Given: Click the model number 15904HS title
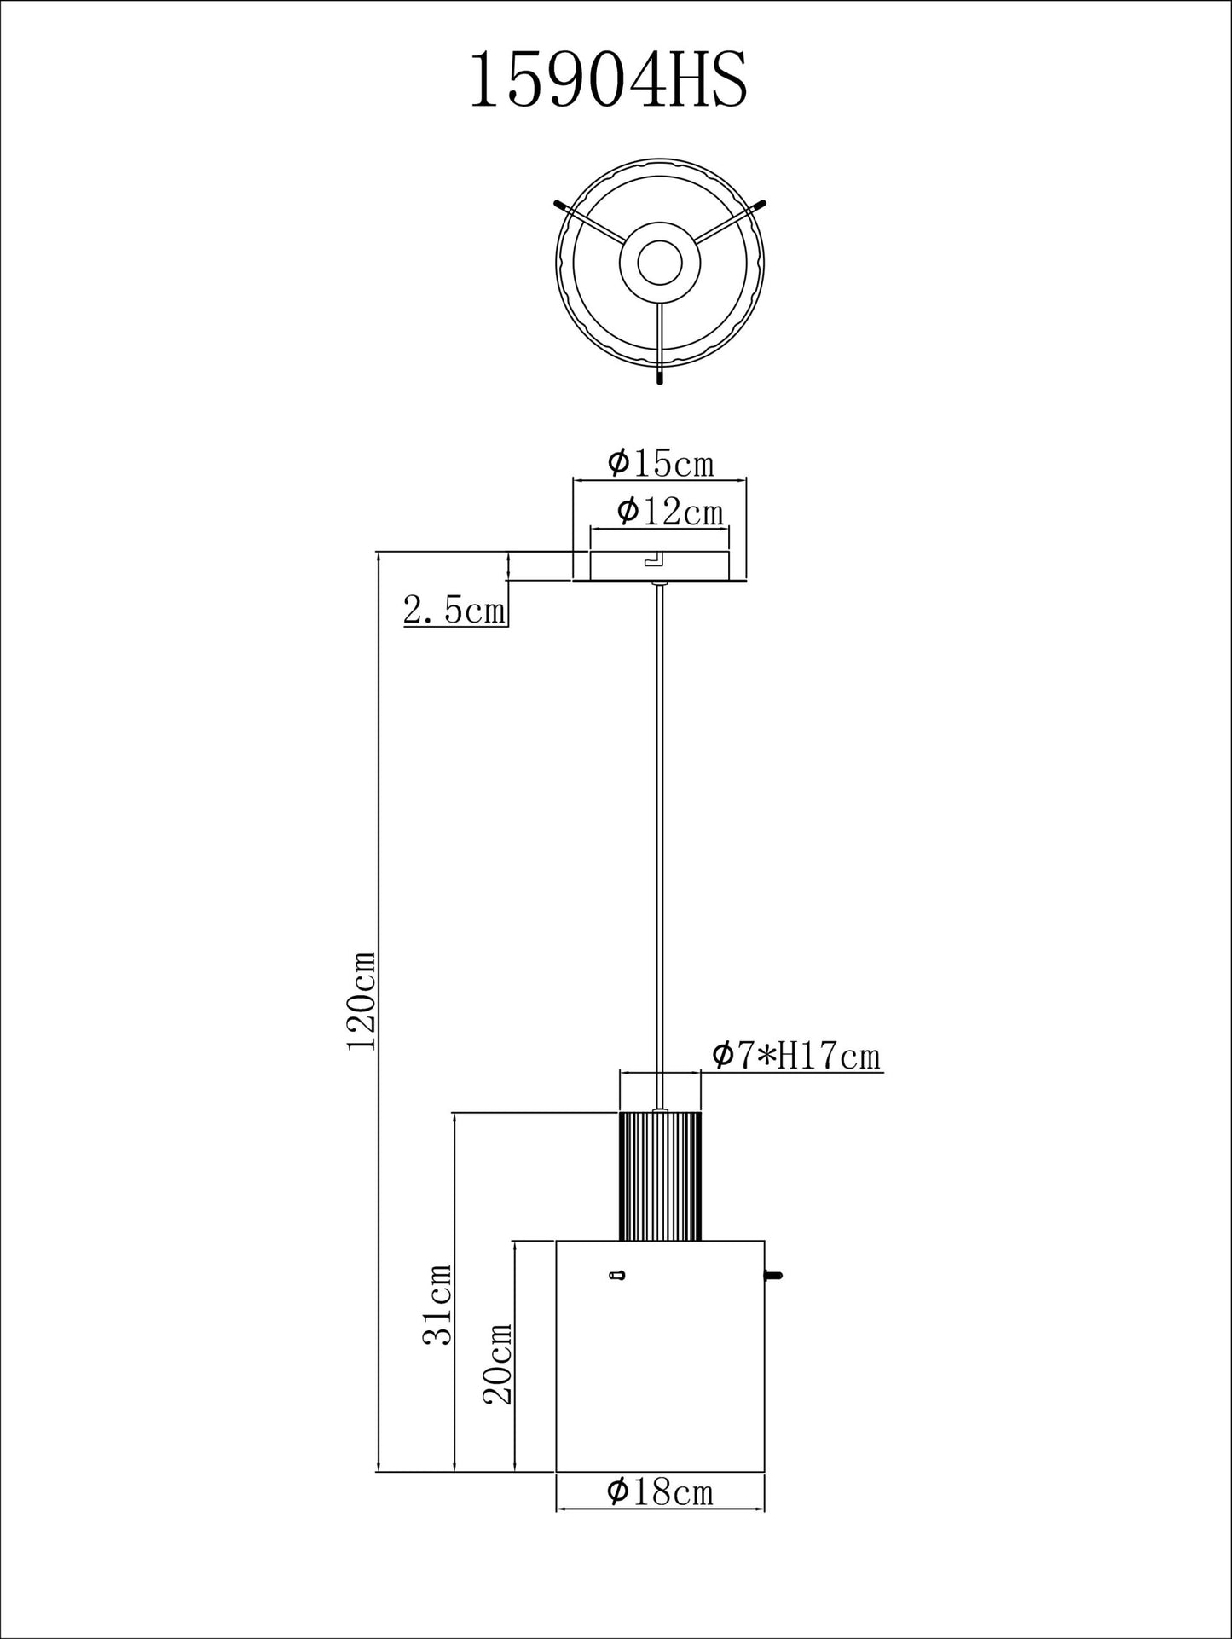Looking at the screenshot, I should point(609,80).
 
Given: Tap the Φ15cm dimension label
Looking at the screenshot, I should point(660,463).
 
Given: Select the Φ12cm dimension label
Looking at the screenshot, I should point(669,512).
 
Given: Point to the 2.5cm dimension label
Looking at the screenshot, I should point(454,610).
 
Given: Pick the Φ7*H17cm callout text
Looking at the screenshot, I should point(795,1056).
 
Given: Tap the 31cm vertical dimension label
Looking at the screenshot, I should point(438,1304).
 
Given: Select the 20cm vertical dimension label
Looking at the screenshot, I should point(498,1364).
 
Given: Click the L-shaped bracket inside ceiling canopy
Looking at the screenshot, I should point(655,559).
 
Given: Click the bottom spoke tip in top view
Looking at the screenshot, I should point(659,376).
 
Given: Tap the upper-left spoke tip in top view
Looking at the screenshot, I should point(560,205).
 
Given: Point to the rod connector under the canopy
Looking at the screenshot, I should point(659,584).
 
